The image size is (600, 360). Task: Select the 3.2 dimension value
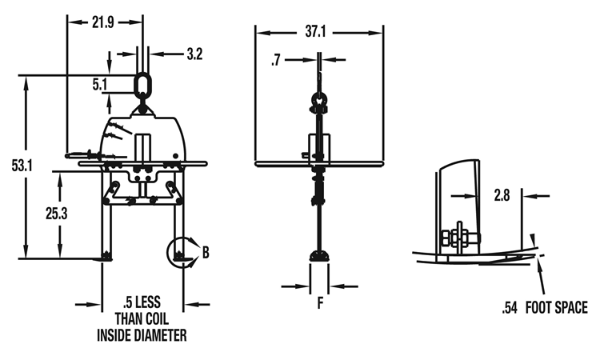coord(194,54)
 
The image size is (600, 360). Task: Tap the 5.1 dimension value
coord(99,82)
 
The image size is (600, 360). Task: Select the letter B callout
coord(205,253)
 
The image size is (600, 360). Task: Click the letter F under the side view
coord(320,304)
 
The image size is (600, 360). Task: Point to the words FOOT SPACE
coord(557,308)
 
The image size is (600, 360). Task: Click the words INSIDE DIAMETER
coord(142,335)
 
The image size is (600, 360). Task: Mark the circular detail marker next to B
coord(180,251)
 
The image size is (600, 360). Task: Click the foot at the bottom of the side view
coord(320,255)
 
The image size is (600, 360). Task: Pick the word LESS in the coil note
coord(148,302)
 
